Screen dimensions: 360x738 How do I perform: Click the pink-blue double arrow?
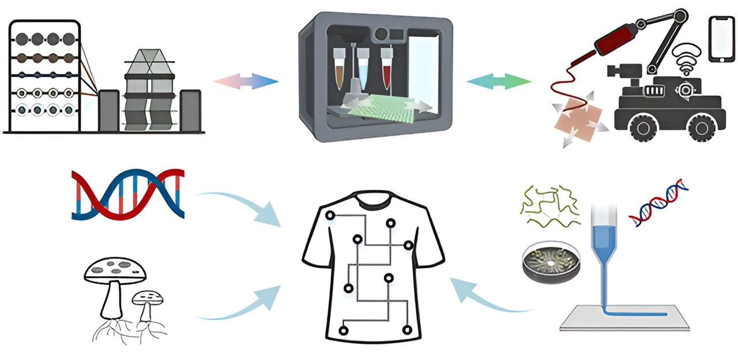(x=246, y=81)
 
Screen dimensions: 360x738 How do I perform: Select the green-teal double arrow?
(x=499, y=81)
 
